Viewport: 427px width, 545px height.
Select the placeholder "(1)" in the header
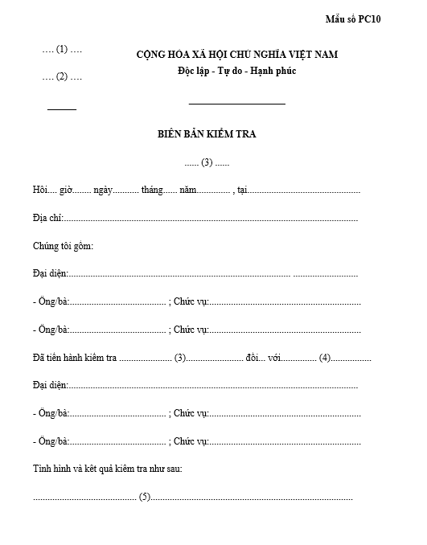coord(62,49)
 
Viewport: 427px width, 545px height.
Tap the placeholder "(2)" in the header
coord(62,77)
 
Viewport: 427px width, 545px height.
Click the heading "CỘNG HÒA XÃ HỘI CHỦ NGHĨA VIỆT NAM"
coord(237,55)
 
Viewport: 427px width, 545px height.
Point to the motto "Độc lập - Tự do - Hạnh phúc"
coord(237,71)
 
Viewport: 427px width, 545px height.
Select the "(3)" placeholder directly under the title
coord(207,162)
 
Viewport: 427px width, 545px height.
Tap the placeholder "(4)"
coord(325,358)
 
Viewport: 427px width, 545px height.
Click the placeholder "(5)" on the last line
coord(145,497)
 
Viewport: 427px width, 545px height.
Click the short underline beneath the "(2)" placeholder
coord(62,109)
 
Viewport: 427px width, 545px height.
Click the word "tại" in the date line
coord(242,191)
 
